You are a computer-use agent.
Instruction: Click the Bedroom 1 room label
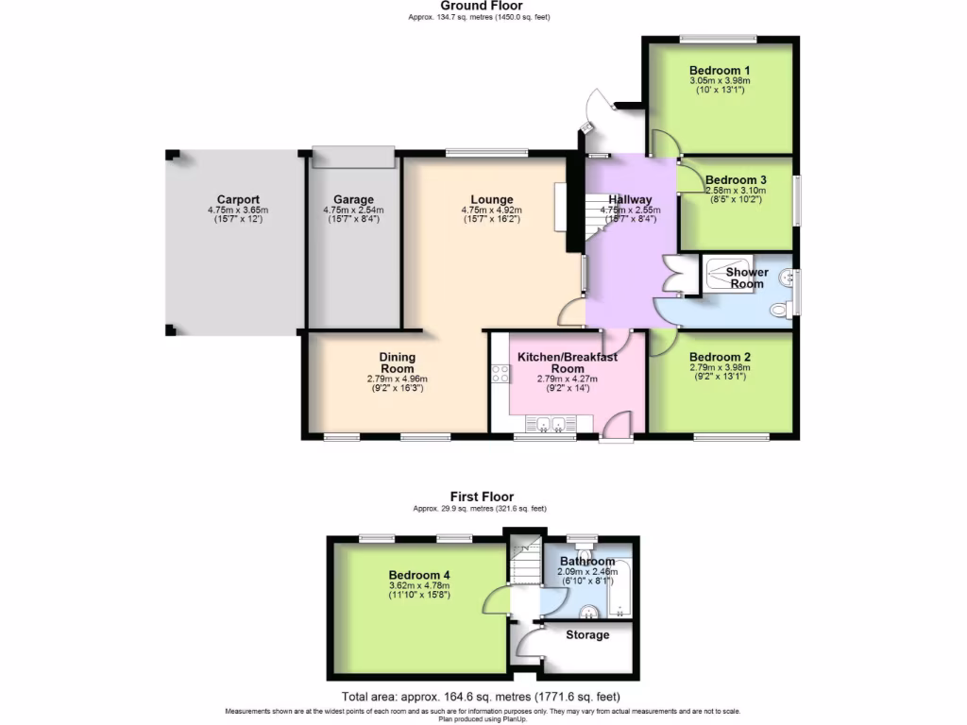(720, 71)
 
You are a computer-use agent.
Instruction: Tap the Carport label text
(238, 199)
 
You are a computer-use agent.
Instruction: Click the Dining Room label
(397, 362)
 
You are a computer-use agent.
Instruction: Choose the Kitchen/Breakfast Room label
(567, 362)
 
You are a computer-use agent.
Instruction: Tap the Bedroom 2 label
(720, 357)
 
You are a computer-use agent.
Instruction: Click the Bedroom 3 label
(736, 180)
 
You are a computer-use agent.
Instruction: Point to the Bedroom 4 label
(418, 575)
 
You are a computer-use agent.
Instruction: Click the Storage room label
(587, 635)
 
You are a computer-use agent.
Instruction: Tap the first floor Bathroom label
(587, 562)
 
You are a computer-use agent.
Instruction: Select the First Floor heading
(482, 497)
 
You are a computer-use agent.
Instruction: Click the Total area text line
(481, 699)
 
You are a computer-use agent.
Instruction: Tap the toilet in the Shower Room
(779, 309)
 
